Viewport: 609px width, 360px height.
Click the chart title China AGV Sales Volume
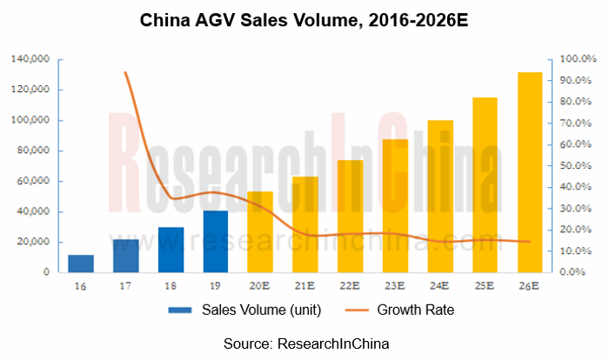click(x=304, y=20)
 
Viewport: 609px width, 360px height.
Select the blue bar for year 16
click(x=81, y=263)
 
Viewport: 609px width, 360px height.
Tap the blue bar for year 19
click(x=216, y=241)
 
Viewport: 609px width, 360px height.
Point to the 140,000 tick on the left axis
click(x=30, y=59)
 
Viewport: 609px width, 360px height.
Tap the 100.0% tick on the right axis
click(x=577, y=59)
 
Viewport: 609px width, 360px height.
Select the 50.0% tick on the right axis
click(x=577, y=165)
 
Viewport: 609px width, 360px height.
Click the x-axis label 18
click(x=171, y=284)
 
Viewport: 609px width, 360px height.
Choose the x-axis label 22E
click(x=350, y=284)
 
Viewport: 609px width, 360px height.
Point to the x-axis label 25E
click(x=485, y=284)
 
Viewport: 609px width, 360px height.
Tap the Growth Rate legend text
click(x=416, y=309)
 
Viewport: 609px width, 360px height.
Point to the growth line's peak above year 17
click(x=126, y=72)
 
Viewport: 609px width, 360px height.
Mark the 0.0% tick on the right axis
click(x=579, y=272)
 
